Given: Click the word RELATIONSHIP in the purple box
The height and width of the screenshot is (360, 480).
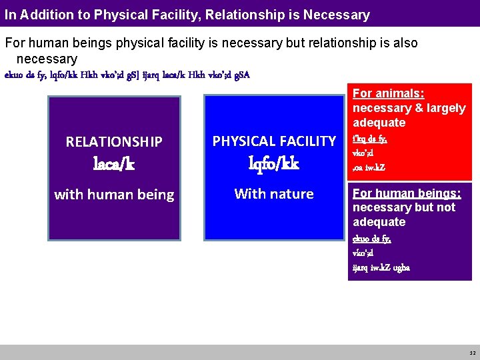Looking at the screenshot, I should (114, 141).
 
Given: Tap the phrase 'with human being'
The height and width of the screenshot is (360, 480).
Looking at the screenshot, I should (114, 195).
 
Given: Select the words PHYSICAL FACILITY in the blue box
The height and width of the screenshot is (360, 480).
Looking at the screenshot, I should (274, 141).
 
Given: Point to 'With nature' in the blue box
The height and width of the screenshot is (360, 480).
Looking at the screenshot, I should (274, 194).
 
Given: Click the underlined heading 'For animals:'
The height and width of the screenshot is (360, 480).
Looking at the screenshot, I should (388, 93).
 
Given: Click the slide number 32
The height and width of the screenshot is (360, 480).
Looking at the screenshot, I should (472, 353).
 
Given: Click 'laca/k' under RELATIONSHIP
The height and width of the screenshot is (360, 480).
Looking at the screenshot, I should (114, 164).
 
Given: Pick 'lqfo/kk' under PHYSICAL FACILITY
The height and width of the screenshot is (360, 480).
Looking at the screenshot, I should (274, 164).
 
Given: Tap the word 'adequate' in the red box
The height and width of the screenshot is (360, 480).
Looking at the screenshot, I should (379, 123).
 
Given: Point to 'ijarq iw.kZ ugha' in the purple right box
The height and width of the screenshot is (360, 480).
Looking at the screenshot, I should (381, 268).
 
